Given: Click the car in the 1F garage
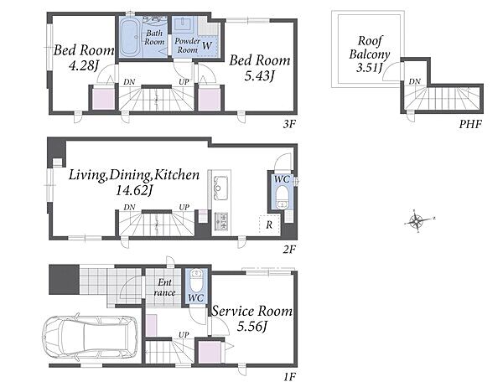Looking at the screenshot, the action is coord(91,338).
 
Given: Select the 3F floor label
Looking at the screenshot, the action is coord(288,124).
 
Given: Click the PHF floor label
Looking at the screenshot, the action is coord(470,124).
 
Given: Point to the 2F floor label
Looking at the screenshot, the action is coord(288,249).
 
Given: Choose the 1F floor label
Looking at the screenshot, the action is coord(288,377).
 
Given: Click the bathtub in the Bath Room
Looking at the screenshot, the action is coord(130,37).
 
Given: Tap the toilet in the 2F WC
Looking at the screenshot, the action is coord(283,198).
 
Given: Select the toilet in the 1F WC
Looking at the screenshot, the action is coord(195,281).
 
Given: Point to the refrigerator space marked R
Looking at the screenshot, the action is coord(269,224).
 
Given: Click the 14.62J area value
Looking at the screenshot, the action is coord(133,190).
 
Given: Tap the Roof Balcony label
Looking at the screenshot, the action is coord(370,48).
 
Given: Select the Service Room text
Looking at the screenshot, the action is coord(252,311).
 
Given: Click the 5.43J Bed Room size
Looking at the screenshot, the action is coord(260,75).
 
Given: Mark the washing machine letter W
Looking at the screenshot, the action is coord(207,46).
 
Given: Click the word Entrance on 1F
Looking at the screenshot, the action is coord(164,287).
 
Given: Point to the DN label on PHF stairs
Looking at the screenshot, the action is coord(414,82).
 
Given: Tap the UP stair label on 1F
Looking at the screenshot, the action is coord(184,335).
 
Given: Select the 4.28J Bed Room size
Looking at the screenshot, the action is coord(83,65).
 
